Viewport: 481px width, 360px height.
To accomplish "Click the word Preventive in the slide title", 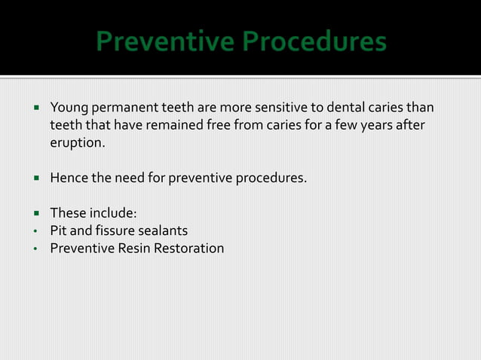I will [167, 42].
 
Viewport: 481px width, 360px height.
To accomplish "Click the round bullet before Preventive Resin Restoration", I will [35, 248].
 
